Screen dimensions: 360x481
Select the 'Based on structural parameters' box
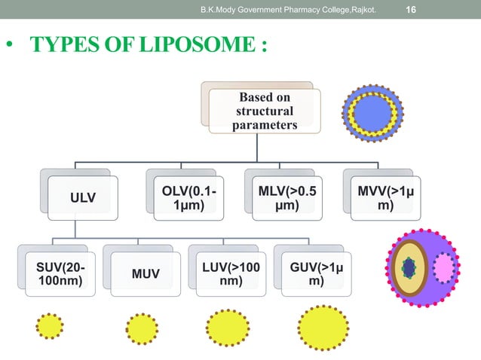(x=264, y=111)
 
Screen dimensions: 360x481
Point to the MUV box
(x=146, y=273)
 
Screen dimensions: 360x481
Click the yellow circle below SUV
(x=50, y=326)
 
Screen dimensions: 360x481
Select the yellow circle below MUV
(x=142, y=328)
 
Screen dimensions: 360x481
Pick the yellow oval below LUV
(x=227, y=328)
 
